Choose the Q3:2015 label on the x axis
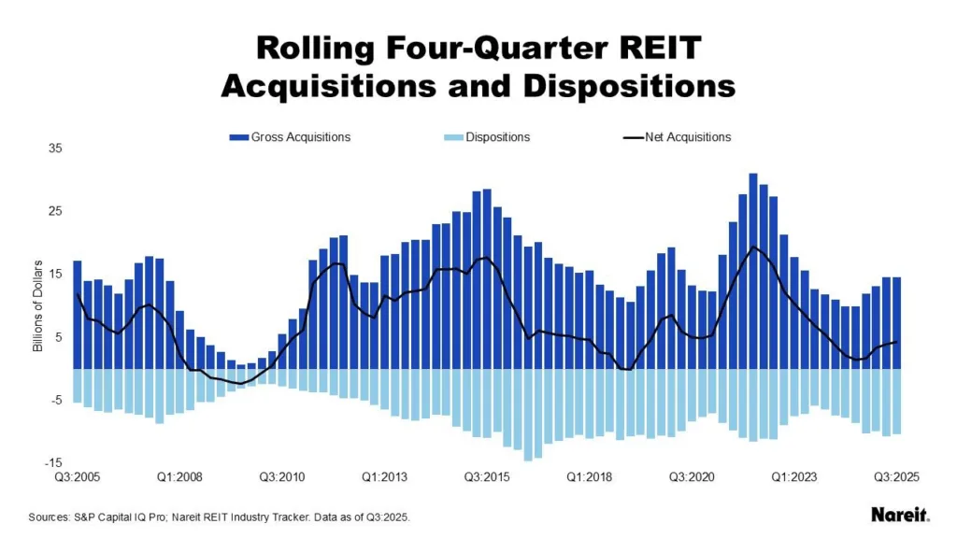[486, 476]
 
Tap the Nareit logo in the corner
[899, 515]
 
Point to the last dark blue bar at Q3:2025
[896, 322]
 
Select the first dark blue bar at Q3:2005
[78, 315]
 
